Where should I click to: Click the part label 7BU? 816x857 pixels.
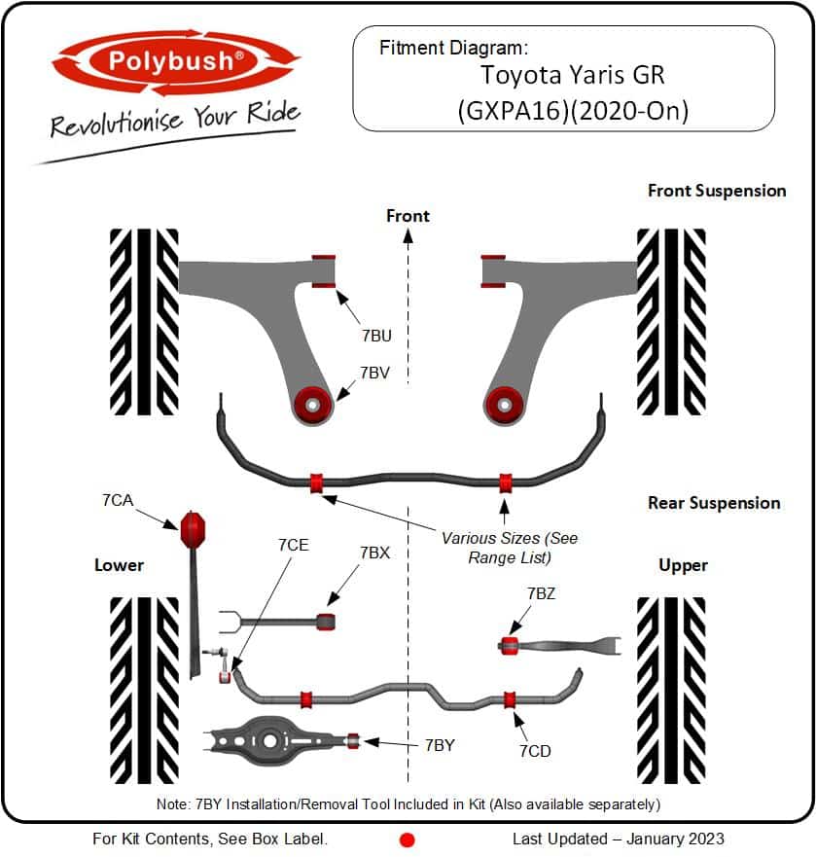tap(376, 336)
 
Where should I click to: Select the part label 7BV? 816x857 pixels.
tap(375, 372)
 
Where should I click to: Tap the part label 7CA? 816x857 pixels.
tap(117, 500)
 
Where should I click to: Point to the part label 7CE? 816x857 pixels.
tap(293, 545)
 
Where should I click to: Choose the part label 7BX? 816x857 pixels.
tap(374, 553)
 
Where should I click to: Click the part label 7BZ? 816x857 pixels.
tap(542, 593)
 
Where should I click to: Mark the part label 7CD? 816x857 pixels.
tap(536, 751)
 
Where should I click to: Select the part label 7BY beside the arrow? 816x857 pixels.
tap(440, 744)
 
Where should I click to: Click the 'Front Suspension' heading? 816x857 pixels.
tap(717, 191)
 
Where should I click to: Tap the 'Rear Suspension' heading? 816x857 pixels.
tap(714, 503)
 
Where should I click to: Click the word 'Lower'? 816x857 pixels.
tap(119, 565)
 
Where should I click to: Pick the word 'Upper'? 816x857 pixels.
tap(683, 565)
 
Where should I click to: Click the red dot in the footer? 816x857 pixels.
tap(408, 839)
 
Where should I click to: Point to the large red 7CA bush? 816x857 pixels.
tap(194, 528)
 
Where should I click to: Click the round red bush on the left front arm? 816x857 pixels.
tap(313, 403)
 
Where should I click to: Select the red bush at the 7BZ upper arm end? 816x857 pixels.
tap(508, 644)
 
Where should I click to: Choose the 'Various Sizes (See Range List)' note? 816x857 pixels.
tap(510, 548)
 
